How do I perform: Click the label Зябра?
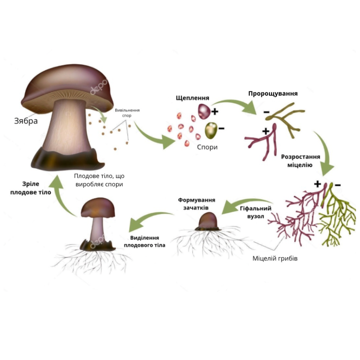pos(26,121)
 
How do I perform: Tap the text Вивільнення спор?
pos(127,112)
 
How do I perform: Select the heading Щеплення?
pos(193,98)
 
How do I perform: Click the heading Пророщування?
pos(273,94)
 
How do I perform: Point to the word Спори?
pos(207,147)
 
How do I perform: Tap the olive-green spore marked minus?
pos(211,130)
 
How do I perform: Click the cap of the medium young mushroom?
pos(97,207)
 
